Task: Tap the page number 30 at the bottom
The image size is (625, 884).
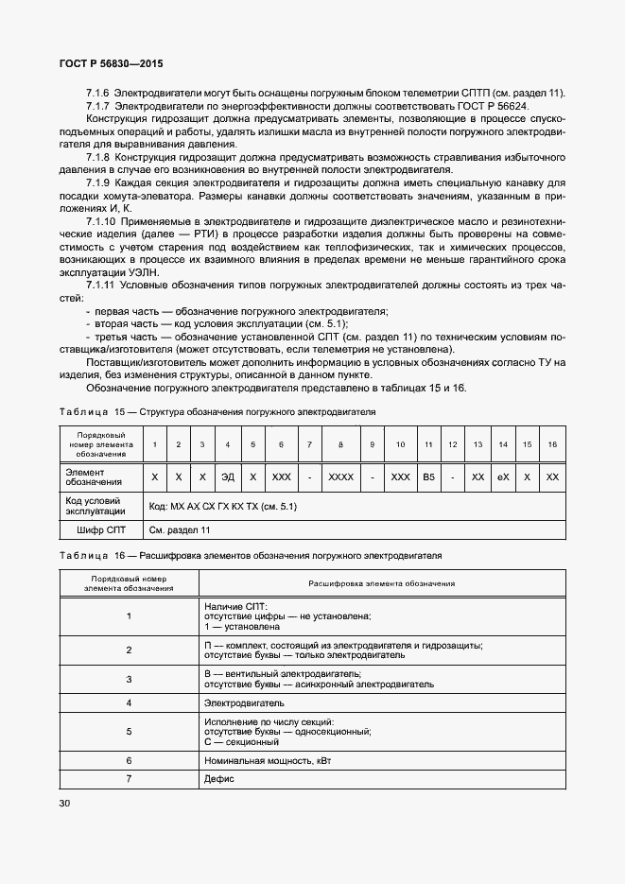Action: pyautogui.click(x=64, y=804)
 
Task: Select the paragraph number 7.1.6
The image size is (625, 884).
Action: pyautogui.click(x=98, y=93)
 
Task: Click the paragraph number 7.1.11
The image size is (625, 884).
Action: pyautogui.click(x=101, y=285)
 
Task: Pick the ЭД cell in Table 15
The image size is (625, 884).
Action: pyautogui.click(x=227, y=477)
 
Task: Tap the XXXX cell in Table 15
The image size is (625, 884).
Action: pyautogui.click(x=339, y=477)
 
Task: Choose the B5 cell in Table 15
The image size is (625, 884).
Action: pyautogui.click(x=428, y=477)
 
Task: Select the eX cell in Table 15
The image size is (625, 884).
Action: pyautogui.click(x=503, y=477)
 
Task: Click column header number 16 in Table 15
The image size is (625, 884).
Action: pyautogui.click(x=553, y=444)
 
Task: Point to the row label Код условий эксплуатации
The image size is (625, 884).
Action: pyautogui.click(x=90, y=506)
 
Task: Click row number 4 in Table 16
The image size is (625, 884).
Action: pyautogui.click(x=128, y=703)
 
